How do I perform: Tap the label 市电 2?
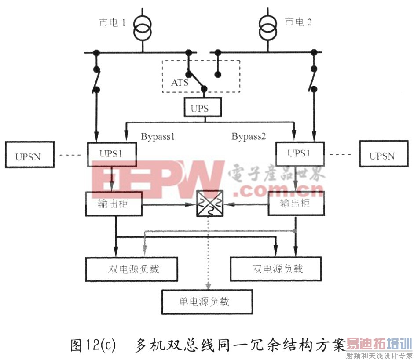click(x=298, y=22)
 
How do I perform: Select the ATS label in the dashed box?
click(x=180, y=82)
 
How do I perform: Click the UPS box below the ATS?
click(x=200, y=108)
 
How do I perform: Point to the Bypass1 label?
click(x=158, y=136)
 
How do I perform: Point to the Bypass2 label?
click(x=249, y=136)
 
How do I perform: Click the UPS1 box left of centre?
click(x=112, y=153)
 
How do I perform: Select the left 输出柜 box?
click(x=114, y=204)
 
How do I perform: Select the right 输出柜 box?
click(x=296, y=204)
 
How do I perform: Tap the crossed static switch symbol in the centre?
click(x=210, y=204)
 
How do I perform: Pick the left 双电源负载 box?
click(x=132, y=268)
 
